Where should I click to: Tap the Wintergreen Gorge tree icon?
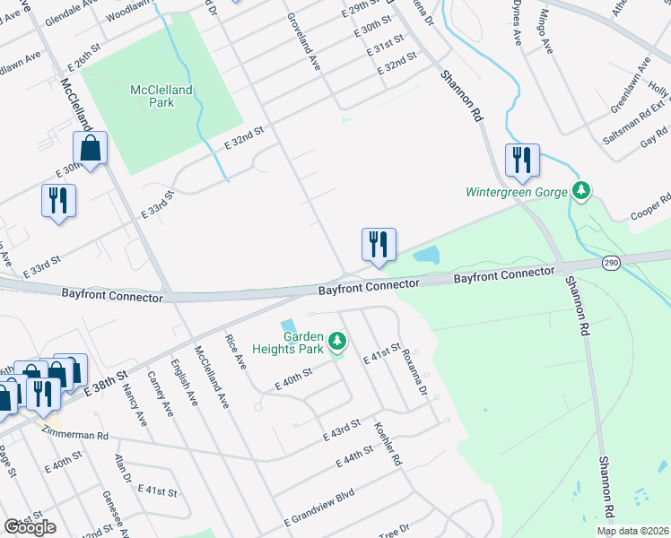click(582, 191)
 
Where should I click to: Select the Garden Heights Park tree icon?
click(337, 341)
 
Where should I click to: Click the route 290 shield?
click(611, 263)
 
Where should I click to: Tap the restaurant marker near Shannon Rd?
click(521, 161)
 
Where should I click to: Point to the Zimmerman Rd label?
click(77, 434)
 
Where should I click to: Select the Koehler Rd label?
click(388, 444)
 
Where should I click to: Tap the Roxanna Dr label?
click(413, 368)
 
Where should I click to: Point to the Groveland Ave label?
click(303, 42)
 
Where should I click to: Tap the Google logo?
click(30, 527)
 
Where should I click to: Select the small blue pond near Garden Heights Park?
click(288, 326)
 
